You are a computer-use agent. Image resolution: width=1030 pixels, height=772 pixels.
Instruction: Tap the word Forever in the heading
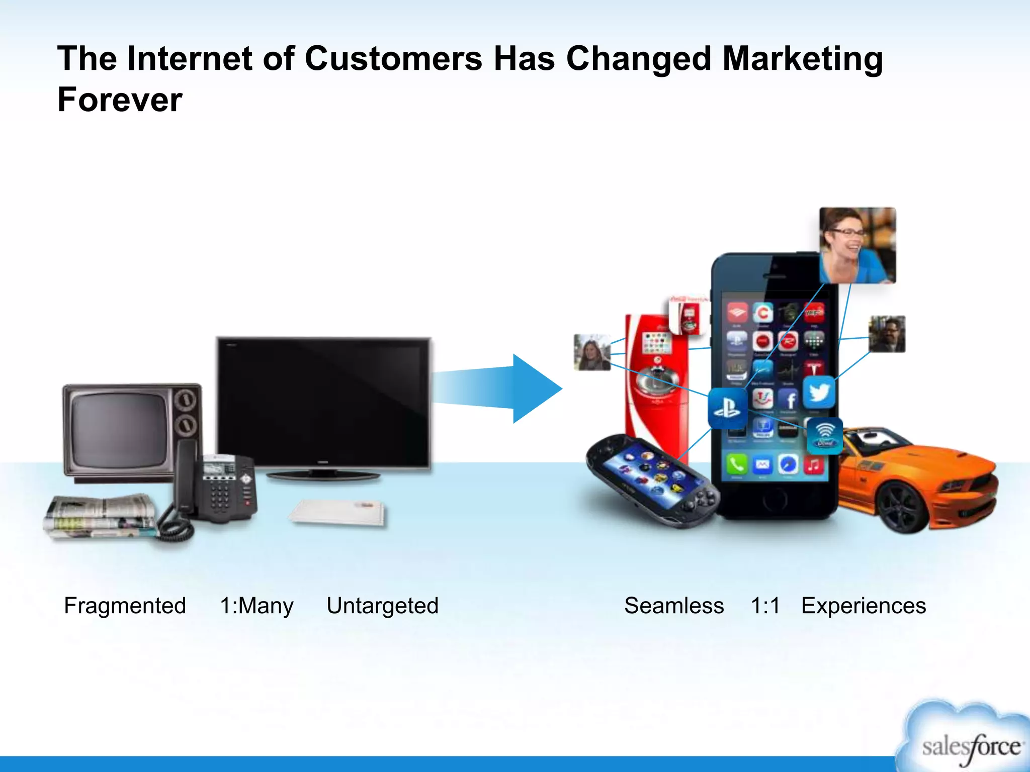[x=120, y=100]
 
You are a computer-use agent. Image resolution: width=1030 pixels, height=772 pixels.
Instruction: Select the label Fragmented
[x=125, y=606]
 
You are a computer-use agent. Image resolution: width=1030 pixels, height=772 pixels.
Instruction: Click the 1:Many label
[x=256, y=606]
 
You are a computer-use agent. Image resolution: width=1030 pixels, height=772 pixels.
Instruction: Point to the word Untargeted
[x=382, y=606]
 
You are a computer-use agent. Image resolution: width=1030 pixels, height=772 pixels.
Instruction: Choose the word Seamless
[x=673, y=606]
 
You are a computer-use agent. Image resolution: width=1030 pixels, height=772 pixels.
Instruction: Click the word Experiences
[x=863, y=606]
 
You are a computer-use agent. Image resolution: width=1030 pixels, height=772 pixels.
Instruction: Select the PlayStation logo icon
[x=727, y=408]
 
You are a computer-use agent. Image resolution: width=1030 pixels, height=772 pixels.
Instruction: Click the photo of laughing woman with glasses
[x=857, y=245]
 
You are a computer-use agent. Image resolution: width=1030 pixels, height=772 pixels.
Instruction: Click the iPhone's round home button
[x=775, y=501]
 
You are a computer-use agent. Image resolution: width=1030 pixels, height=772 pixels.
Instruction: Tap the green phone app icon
[x=736, y=464]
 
